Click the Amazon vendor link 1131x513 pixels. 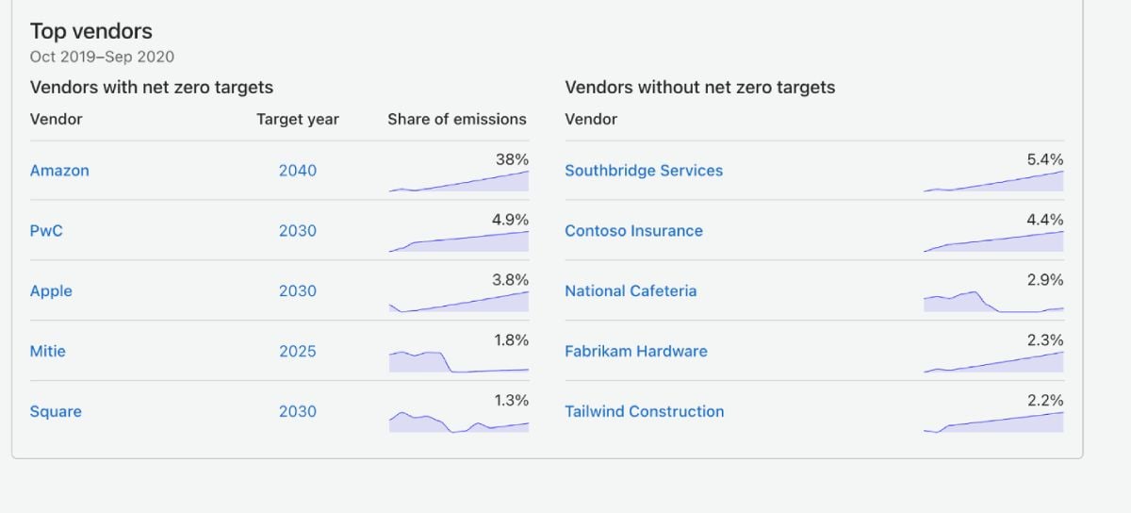point(59,171)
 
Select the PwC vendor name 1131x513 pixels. point(46,230)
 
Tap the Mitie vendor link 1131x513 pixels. point(47,351)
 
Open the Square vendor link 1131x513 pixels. point(56,411)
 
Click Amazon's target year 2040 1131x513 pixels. point(298,171)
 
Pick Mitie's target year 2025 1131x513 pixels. point(298,351)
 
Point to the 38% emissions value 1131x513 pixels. point(512,159)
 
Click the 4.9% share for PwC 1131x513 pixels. point(510,220)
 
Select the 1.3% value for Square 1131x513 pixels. point(512,400)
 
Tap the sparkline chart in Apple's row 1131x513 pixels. point(458,302)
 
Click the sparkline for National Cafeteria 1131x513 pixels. point(993,302)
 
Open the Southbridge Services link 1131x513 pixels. point(644,171)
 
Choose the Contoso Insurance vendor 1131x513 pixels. point(633,230)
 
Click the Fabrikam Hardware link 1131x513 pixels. point(635,351)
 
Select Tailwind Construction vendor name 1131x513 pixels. point(645,411)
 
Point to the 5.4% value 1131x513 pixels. point(1045,159)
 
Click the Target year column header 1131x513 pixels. point(298,119)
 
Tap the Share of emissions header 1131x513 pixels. point(457,119)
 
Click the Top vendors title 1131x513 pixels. point(90,31)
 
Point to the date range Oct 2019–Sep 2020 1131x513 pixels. point(102,57)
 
